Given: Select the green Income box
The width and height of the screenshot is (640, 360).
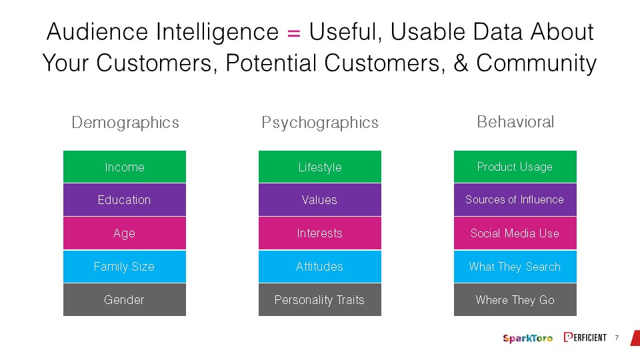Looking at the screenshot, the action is point(125,167).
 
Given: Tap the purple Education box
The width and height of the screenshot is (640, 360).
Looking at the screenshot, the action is point(125,199).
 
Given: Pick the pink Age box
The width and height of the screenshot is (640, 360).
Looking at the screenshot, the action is point(125,233).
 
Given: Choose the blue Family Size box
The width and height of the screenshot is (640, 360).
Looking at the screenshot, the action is point(125,267).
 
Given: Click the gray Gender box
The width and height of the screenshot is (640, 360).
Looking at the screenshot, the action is point(125,299).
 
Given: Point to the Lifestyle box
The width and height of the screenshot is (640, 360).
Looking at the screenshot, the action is point(320,167).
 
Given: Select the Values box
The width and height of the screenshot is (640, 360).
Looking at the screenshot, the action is point(320,199).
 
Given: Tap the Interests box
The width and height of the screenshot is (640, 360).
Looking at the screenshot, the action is point(320,233).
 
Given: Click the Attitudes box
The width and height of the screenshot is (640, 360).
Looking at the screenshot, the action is point(320,267).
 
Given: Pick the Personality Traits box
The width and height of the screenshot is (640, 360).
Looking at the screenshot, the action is point(320,299).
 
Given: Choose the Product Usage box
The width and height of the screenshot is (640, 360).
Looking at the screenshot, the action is point(515,167).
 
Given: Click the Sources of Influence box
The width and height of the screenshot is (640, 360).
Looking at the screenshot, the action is point(515,199).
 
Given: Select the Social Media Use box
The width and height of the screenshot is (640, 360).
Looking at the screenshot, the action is point(515,233).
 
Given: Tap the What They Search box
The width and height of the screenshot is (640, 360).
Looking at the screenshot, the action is point(515,267).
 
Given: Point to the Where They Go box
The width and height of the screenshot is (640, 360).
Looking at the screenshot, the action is point(515,299).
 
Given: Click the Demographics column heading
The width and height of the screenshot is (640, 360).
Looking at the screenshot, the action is point(125,123).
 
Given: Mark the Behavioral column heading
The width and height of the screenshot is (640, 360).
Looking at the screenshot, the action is point(515,121).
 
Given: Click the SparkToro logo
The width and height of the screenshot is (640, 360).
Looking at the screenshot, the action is point(528,338).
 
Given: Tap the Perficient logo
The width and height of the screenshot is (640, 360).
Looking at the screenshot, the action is point(585,337).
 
